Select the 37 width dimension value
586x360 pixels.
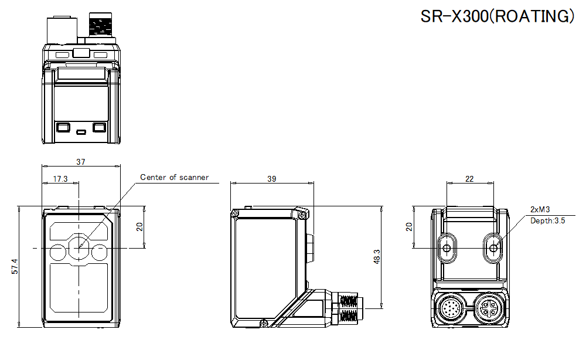pyautogui.click(x=81, y=162)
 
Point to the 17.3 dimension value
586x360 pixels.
pyautogui.click(x=60, y=179)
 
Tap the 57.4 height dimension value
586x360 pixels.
pyautogui.click(x=15, y=266)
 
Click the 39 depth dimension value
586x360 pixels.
pyautogui.click(x=271, y=179)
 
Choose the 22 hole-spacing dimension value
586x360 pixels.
pyautogui.click(x=469, y=179)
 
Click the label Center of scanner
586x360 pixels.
pyautogui.click(x=174, y=177)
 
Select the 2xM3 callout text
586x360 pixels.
pyautogui.click(x=540, y=209)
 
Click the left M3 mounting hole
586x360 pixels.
pyautogui.click(x=448, y=248)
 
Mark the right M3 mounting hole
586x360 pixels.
pyautogui.click(x=493, y=248)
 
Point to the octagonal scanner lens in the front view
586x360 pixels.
pyautogui.click(x=79, y=248)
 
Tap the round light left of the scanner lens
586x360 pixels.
pyautogui.click(x=59, y=252)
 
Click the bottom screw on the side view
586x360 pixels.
pyautogui.click(x=265, y=321)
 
